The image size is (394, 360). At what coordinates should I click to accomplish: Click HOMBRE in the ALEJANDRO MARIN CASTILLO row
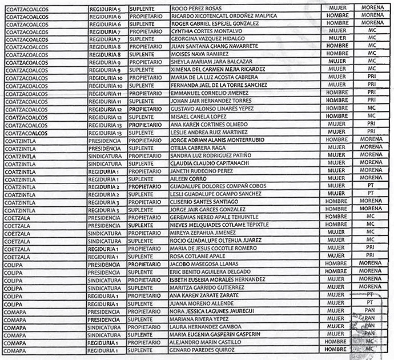tap(336, 342)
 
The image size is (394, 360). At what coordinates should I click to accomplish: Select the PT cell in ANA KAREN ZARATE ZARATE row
tap(369, 295)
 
